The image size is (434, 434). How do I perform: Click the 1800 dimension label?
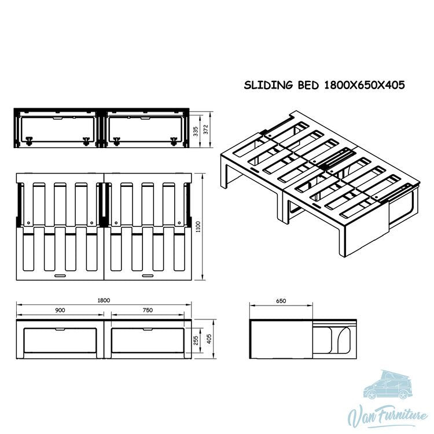[x=104, y=300]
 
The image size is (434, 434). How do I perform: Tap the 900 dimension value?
[x=60, y=310]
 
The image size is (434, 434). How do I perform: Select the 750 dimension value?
[x=148, y=310]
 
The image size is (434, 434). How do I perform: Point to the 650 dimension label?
[x=281, y=301]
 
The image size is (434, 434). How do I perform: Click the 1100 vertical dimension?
[x=198, y=226]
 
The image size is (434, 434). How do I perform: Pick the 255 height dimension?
[x=196, y=340]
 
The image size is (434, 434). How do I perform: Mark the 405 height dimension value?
[x=209, y=339]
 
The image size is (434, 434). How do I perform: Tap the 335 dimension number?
[x=196, y=131]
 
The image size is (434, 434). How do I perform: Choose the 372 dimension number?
[x=205, y=130]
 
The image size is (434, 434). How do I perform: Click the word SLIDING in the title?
[x=268, y=85]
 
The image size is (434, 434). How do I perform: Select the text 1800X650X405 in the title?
[x=364, y=85]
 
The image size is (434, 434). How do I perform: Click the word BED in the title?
[x=308, y=85]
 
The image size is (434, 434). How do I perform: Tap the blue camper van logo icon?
[x=388, y=385]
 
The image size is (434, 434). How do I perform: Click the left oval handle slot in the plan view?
[x=60, y=275]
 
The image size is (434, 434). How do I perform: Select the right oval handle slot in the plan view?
[x=148, y=275]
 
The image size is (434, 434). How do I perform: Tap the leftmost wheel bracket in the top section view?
[x=28, y=141]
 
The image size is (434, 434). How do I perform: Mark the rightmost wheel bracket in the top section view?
[x=174, y=141]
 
